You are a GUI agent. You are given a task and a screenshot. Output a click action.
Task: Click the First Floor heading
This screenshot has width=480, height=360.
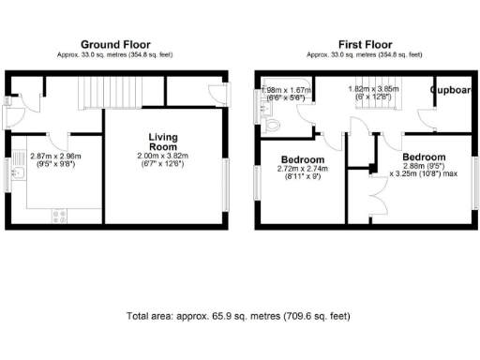[x=365, y=44]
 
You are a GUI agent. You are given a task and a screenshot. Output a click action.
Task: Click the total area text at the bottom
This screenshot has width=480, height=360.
[x=238, y=317]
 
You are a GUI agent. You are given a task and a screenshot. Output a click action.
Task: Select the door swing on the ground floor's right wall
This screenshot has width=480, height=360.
[x=217, y=95]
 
